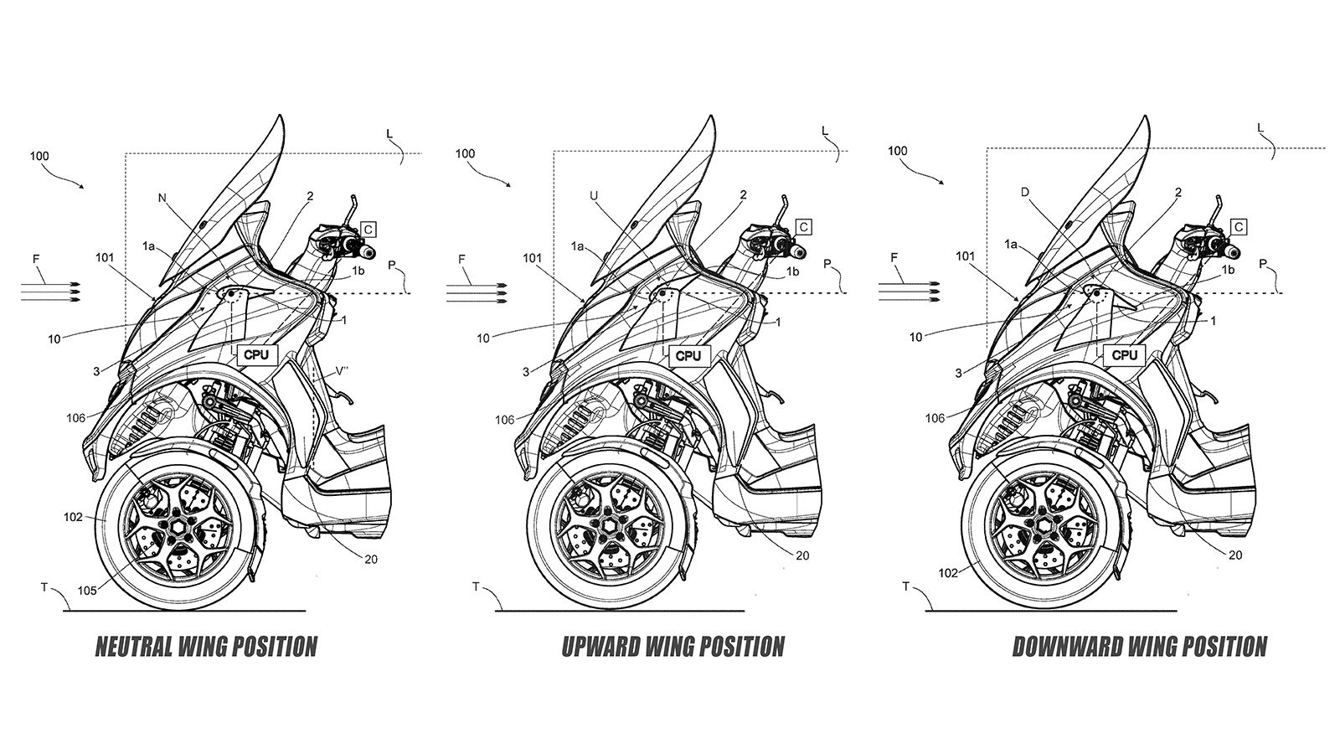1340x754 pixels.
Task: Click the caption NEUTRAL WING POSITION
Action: click(x=206, y=647)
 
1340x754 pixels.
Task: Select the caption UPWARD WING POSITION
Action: click(x=673, y=647)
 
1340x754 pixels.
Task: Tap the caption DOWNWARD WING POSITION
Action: click(x=1139, y=647)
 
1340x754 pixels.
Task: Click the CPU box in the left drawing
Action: click(x=256, y=354)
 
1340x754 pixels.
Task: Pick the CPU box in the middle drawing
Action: click(x=688, y=355)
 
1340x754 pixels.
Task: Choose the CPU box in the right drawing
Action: click(x=1125, y=355)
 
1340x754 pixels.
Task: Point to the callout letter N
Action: click(x=162, y=199)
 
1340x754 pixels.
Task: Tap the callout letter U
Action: click(x=593, y=195)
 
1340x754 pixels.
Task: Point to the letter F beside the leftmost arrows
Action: click(x=36, y=260)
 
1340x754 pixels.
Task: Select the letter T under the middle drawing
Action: click(x=476, y=587)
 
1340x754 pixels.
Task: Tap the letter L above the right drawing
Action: click(x=1260, y=127)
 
